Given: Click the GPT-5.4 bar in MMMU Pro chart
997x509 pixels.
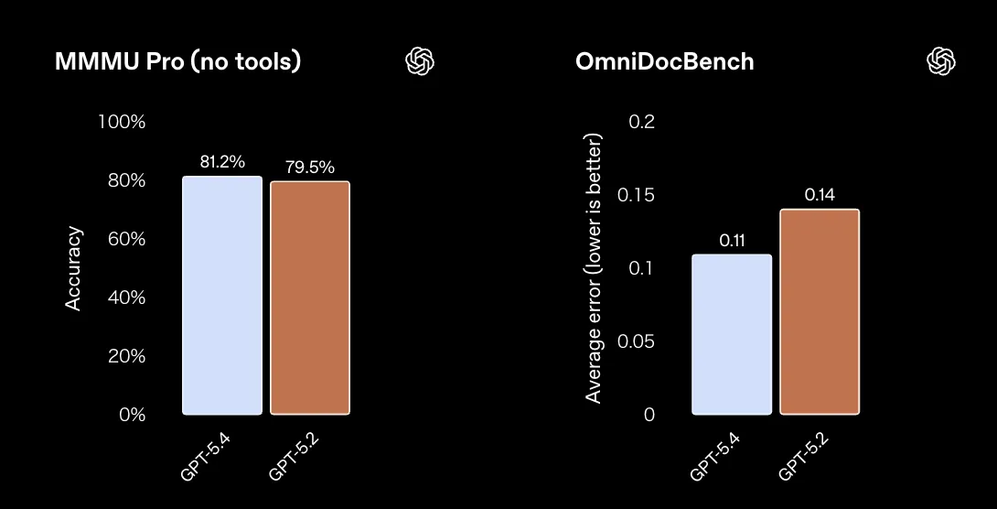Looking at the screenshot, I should (222, 295).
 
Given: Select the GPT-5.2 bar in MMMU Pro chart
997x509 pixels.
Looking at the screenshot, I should (309, 298).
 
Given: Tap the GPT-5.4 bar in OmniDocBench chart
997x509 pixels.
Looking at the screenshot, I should (732, 334).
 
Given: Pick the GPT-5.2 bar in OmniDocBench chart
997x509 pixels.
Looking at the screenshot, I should (820, 311).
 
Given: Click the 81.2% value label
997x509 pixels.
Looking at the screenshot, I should (222, 162).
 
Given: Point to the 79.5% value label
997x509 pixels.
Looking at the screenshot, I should (311, 168).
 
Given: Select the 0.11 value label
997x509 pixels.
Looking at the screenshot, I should (732, 241).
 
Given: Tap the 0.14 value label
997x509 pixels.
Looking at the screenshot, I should (820, 195).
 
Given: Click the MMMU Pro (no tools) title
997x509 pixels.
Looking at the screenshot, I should (178, 62).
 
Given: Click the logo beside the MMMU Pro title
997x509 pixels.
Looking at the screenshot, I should (420, 61).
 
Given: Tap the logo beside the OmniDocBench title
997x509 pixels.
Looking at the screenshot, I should (941, 61).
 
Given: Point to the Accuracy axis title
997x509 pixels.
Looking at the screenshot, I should (74, 268).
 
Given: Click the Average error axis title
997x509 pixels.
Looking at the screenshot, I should (594, 268).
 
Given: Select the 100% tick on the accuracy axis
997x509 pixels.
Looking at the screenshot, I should (122, 122).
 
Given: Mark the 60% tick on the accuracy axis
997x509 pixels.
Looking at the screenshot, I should (126, 239).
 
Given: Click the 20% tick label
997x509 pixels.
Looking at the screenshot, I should (126, 356).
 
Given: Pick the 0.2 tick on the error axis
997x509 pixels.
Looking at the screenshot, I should (643, 122).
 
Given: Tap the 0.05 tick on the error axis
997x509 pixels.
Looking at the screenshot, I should (637, 341).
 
